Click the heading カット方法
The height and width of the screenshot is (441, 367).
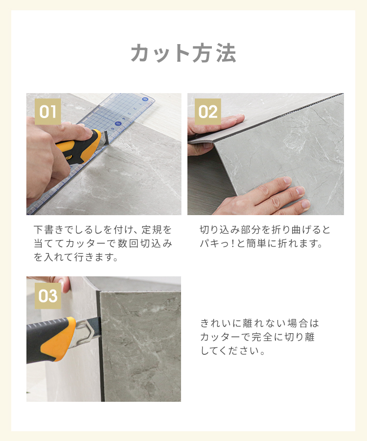183,53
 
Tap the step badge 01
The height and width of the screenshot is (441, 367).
48,112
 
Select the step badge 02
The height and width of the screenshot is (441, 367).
208,112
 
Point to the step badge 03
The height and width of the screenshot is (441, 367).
48,296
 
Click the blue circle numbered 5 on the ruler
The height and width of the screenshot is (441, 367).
117,123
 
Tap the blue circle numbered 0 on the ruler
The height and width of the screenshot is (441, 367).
145,99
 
